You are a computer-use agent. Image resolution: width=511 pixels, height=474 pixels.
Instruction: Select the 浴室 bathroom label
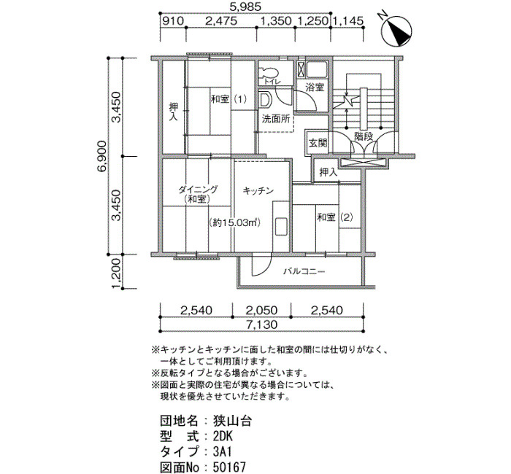(x=315, y=88)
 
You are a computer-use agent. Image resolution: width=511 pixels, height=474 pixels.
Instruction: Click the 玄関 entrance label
(x=318, y=143)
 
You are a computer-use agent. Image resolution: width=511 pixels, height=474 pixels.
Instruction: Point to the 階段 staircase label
(x=364, y=136)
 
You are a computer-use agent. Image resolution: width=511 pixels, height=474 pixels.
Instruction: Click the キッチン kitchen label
(x=258, y=191)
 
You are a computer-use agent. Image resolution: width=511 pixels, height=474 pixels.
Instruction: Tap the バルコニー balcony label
(x=304, y=271)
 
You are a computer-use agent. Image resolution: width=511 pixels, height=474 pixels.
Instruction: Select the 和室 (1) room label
(x=228, y=99)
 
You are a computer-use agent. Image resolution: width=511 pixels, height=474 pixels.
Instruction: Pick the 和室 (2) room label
(x=335, y=217)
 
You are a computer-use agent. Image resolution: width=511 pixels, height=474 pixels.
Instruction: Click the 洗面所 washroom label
(x=276, y=119)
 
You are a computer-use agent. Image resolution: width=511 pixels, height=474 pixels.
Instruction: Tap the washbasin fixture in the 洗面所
(x=265, y=100)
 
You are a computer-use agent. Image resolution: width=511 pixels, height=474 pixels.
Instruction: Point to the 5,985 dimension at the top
(x=245, y=7)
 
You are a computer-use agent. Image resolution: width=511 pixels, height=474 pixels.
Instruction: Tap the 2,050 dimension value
(x=261, y=310)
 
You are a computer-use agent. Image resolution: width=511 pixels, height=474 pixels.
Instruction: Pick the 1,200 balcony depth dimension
(x=118, y=273)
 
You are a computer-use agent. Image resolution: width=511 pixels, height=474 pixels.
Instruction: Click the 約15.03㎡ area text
(x=234, y=222)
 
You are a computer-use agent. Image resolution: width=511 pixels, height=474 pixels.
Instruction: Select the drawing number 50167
(x=229, y=467)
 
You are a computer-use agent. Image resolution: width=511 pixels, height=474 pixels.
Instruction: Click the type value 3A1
(x=223, y=451)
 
